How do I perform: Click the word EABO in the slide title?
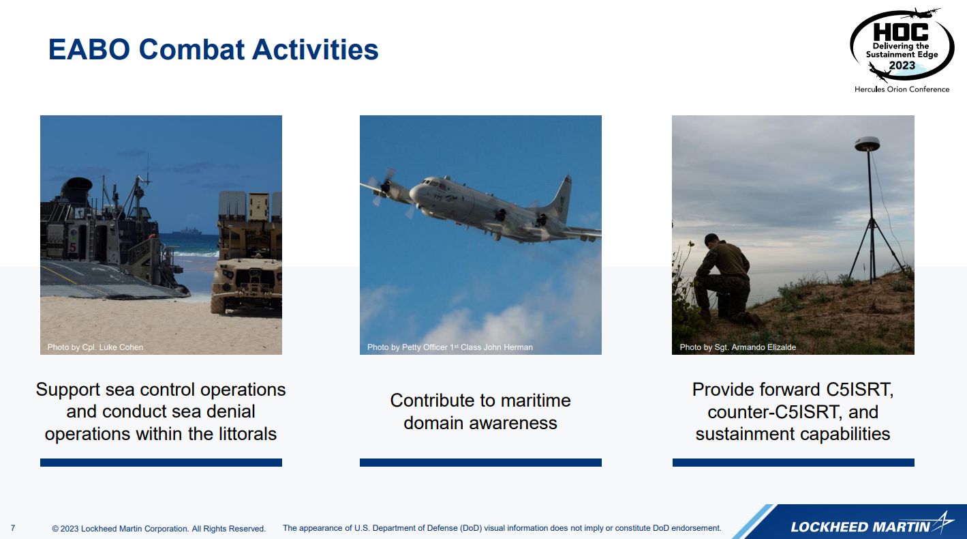point(89,49)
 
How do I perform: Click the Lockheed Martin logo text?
point(861,527)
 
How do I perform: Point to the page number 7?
point(13,528)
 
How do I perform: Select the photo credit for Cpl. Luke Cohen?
point(95,347)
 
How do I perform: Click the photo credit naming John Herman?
point(450,347)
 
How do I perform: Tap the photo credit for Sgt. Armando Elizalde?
point(738,347)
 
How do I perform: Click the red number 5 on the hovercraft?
point(72,247)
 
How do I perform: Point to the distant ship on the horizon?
point(187,232)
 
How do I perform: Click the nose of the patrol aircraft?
point(413,193)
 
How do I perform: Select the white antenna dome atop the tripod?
point(867,143)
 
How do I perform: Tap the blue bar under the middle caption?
point(480,463)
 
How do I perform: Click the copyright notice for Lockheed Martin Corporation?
point(158,528)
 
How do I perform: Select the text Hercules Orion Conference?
point(902,89)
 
